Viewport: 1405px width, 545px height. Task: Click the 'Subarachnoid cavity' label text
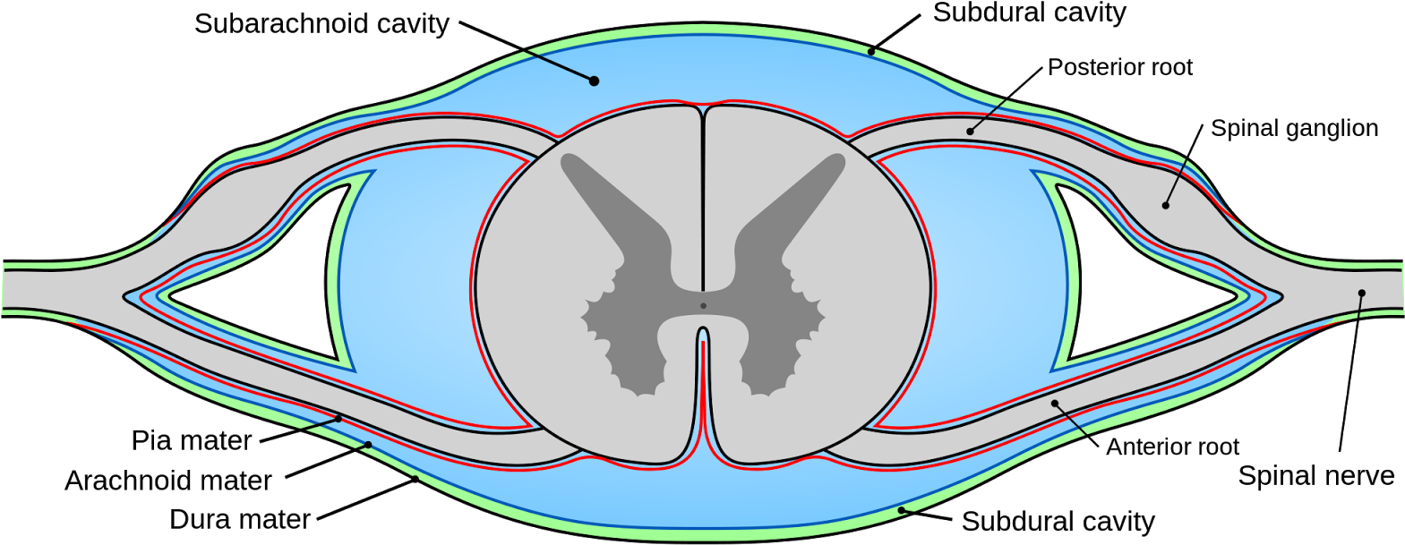click(x=321, y=24)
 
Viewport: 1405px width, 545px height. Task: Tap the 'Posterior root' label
click(x=1120, y=67)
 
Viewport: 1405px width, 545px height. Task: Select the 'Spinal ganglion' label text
click(x=1295, y=129)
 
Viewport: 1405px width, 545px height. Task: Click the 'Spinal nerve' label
click(x=1316, y=476)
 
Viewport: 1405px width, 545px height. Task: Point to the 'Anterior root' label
click(x=1173, y=447)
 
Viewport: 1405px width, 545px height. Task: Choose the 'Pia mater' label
click(x=192, y=441)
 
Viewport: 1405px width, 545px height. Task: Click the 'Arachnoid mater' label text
click(x=168, y=481)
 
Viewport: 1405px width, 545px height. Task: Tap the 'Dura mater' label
click(x=240, y=520)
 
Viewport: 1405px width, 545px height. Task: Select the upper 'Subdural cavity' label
click(x=1030, y=13)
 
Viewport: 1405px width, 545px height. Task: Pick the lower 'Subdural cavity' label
click(x=1058, y=522)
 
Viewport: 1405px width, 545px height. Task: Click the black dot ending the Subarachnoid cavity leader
click(x=594, y=81)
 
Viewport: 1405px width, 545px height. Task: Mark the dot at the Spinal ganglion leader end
click(x=1165, y=205)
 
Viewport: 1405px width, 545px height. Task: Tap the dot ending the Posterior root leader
click(x=970, y=132)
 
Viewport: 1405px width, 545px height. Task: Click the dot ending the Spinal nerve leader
click(x=1362, y=293)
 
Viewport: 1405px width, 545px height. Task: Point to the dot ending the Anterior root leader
click(x=1055, y=404)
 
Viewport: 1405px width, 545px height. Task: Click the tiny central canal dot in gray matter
click(x=703, y=306)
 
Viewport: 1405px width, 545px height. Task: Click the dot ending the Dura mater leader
click(x=416, y=480)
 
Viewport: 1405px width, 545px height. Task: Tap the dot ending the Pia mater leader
click(x=338, y=418)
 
